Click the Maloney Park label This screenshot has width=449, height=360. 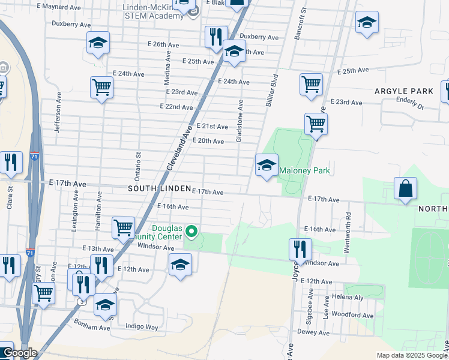[304, 171]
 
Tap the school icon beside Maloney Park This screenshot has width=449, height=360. [266, 165]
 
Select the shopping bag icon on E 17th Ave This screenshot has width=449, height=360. [406, 188]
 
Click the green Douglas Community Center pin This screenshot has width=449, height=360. [191, 231]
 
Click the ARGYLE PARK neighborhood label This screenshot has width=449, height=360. [403, 91]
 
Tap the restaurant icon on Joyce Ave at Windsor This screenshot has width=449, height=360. [300, 249]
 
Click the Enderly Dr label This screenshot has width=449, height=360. [410, 106]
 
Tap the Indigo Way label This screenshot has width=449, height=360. [142, 327]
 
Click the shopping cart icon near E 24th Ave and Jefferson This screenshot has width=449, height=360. [101, 88]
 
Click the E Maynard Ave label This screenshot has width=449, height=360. [58, 7]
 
